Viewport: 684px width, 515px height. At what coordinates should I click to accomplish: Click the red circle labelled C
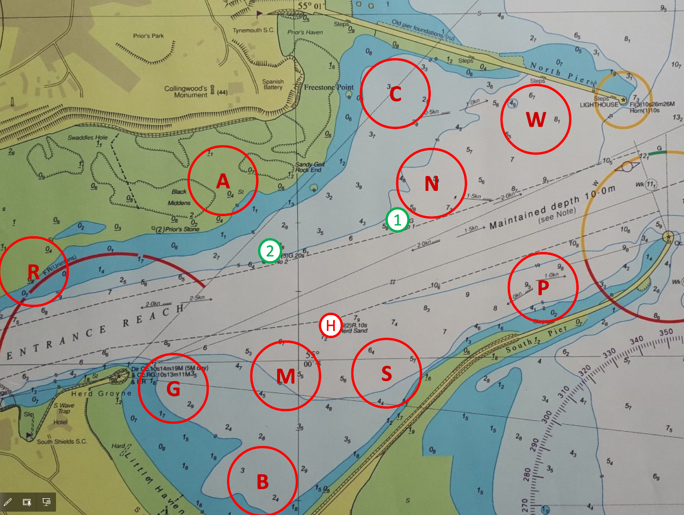(395, 94)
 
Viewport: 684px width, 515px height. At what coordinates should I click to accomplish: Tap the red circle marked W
(536, 119)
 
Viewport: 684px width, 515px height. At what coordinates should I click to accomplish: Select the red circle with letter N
(431, 183)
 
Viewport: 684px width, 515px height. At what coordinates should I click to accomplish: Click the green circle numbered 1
(397, 220)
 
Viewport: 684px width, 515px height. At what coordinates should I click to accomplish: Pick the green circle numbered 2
(270, 251)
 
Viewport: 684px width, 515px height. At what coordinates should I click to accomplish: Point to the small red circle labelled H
(330, 326)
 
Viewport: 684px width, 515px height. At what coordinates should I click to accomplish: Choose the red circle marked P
(543, 287)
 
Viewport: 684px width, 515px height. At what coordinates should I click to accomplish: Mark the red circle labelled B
(262, 481)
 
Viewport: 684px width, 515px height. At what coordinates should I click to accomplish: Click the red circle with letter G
(173, 388)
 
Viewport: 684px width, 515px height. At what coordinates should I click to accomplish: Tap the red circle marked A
(223, 181)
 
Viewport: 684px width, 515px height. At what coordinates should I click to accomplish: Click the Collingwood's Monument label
(186, 91)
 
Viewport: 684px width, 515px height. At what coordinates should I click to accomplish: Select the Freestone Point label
(329, 88)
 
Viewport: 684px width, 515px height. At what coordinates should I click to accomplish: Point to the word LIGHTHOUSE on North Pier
(599, 105)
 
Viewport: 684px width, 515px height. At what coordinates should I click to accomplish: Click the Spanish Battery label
(273, 84)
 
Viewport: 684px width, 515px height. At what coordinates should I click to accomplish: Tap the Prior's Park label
(148, 36)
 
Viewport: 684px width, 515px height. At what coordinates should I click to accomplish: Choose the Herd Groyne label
(101, 394)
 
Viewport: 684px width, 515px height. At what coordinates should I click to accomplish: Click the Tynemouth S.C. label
(254, 30)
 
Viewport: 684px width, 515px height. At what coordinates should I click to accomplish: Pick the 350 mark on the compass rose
(666, 332)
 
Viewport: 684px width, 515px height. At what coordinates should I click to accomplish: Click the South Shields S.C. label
(62, 441)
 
